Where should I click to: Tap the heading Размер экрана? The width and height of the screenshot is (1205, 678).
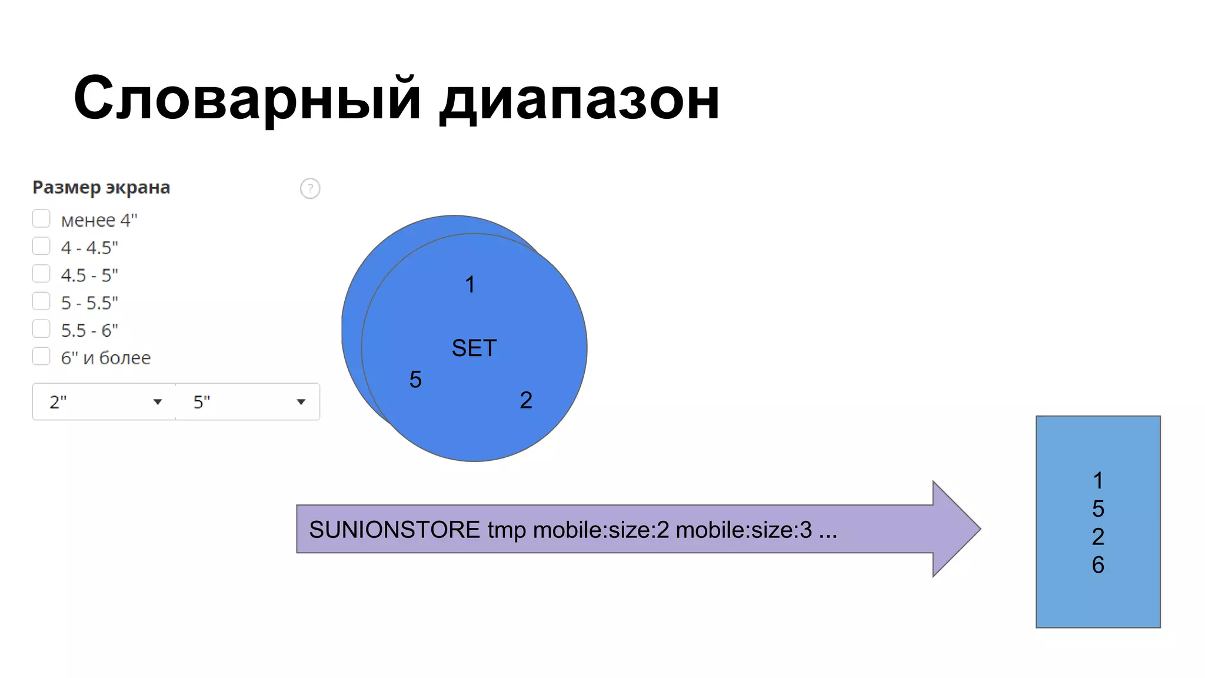101,187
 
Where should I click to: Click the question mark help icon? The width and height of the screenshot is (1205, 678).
310,188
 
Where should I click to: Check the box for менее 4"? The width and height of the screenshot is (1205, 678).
41,219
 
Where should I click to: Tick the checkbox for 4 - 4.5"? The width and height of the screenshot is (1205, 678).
41,246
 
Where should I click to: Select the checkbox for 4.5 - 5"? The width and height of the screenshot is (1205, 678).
41,274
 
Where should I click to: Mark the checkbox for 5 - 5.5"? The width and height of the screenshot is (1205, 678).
41,301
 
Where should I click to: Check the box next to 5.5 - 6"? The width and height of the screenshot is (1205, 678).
41,328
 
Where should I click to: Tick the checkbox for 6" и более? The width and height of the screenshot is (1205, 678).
41,356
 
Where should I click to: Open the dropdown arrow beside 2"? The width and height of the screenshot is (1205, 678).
157,402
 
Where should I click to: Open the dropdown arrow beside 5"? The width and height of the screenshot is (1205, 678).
301,402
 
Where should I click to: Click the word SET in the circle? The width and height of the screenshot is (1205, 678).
474,348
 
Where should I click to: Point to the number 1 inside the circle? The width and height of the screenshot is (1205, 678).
470,285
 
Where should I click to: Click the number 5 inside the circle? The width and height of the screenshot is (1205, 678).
415,380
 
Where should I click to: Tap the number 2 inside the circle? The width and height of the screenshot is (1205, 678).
526,400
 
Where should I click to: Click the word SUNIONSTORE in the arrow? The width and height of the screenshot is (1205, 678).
394,530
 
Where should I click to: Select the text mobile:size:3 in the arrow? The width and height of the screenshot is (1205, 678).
744,530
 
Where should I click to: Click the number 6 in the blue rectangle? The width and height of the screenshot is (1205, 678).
1098,565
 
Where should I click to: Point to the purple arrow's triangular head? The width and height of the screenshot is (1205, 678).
954,529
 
